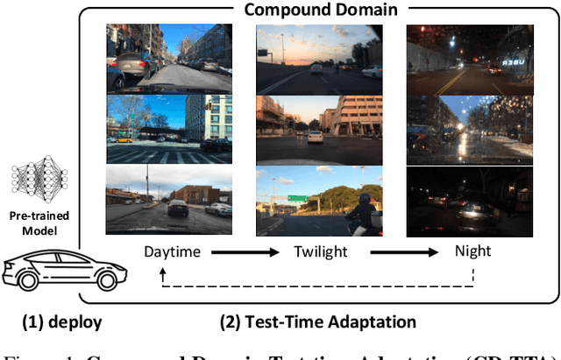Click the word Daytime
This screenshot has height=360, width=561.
172,252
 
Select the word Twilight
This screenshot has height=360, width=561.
321,252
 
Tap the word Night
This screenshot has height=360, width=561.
472,252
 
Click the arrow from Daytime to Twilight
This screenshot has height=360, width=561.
246,252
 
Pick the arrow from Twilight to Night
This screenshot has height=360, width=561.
399,252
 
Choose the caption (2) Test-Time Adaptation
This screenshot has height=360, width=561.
317,321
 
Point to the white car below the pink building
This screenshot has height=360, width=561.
314,138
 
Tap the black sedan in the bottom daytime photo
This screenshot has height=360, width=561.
177,208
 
